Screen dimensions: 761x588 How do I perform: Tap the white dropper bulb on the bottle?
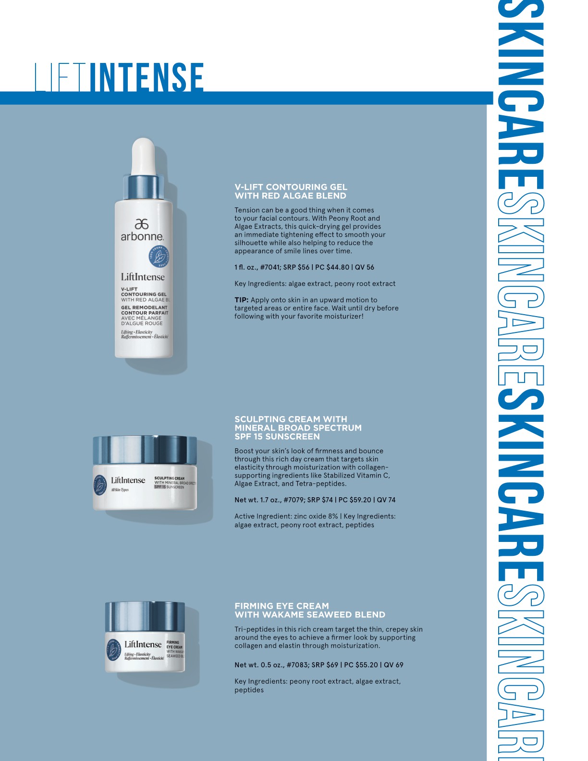tap(143, 156)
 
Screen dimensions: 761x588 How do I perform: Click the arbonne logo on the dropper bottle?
tap(142, 230)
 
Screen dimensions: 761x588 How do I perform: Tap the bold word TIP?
tap(242, 300)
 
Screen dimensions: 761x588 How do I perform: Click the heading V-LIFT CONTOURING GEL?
tap(291, 187)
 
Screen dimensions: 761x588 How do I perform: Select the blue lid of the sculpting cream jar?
tap(145, 449)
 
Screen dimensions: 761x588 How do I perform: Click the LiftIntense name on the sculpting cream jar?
tap(128, 480)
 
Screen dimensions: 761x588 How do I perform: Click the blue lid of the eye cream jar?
tap(145, 616)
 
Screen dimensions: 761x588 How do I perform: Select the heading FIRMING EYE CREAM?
tap(282, 606)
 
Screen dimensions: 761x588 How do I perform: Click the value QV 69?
tap(393, 665)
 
